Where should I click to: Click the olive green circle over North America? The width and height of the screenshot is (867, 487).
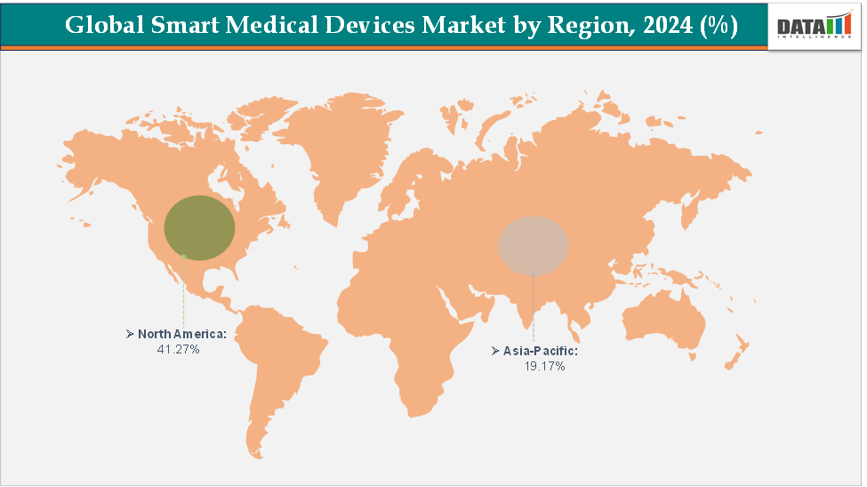(x=200, y=227)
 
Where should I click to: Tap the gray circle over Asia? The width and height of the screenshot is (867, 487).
(x=533, y=244)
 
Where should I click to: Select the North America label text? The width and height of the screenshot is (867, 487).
(x=182, y=334)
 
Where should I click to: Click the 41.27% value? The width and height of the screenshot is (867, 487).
(x=178, y=350)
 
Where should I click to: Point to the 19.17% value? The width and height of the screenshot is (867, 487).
(x=545, y=367)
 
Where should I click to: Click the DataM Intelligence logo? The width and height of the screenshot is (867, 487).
(x=815, y=26)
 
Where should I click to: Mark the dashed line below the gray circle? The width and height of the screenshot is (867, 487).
(x=534, y=307)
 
